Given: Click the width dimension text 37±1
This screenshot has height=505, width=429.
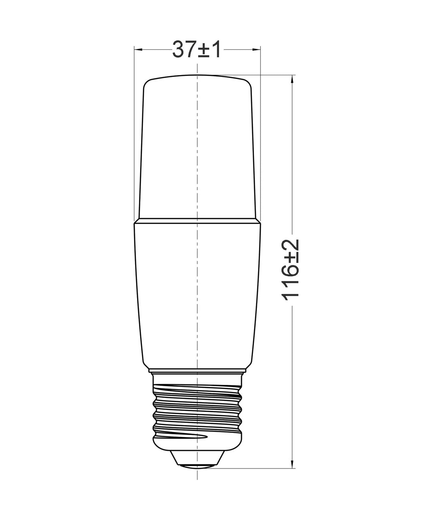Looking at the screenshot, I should click(196, 49).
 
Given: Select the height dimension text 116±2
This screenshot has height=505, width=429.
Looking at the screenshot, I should click(291, 270).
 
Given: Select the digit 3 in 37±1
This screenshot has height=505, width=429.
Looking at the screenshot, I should click(179, 49).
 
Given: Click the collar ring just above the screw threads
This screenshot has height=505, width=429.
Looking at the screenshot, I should click(197, 371).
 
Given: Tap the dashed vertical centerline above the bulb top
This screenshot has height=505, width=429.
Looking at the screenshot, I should click(197, 67).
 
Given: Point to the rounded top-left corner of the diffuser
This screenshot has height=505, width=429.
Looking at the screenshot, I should click(146, 83).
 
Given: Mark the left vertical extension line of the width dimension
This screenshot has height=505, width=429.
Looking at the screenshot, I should click(134, 141).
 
